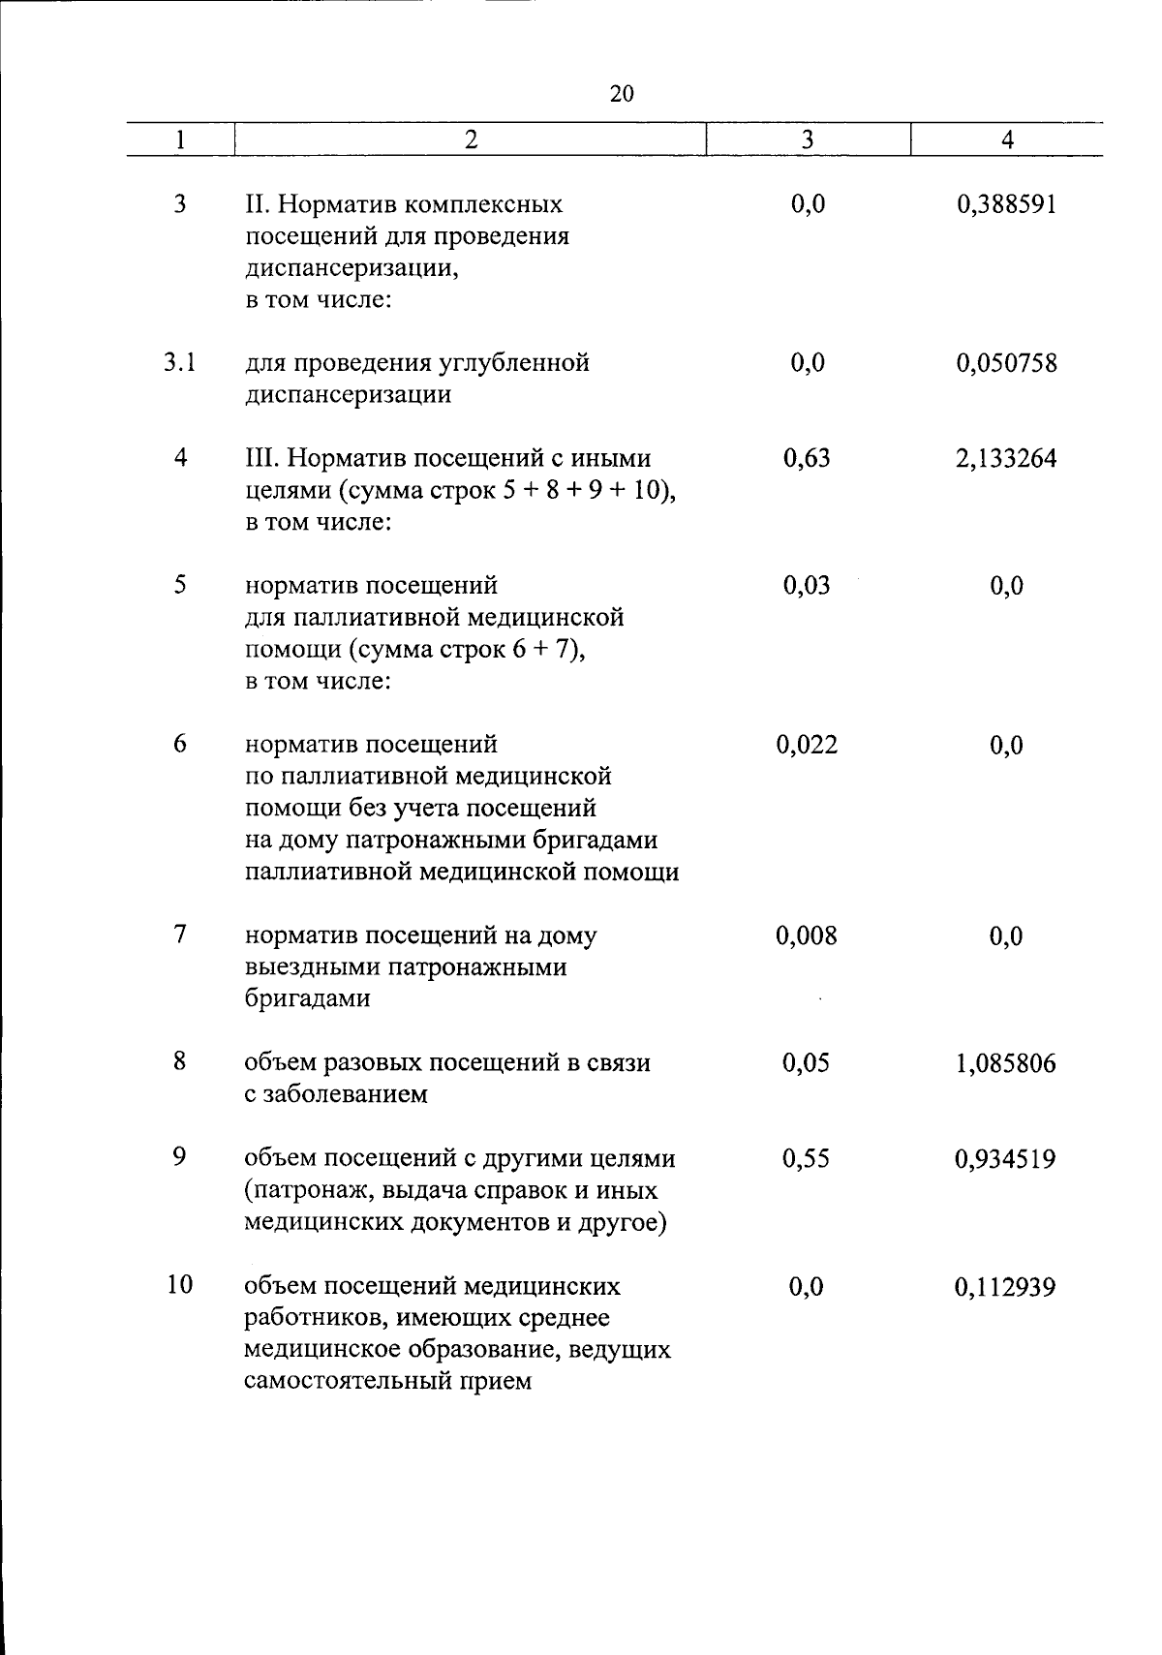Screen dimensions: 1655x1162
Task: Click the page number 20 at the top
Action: point(623,93)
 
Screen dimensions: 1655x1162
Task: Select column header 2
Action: point(471,139)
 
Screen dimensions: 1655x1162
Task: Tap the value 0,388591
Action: point(1006,205)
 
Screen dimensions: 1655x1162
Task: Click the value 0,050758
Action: point(1006,364)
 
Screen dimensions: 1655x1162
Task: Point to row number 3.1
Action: point(179,363)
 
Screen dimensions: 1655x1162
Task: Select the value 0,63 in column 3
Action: point(807,458)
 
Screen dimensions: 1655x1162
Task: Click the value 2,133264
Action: point(1006,459)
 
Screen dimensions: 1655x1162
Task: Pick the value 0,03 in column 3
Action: point(807,586)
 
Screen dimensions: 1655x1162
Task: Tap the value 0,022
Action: point(807,745)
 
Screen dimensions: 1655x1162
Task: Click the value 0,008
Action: point(807,935)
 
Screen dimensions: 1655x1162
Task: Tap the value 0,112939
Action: point(1006,1287)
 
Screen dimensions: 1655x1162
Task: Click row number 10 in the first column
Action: point(179,1285)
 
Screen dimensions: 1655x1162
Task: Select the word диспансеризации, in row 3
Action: point(352,269)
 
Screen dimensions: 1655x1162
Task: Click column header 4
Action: point(1007,139)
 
